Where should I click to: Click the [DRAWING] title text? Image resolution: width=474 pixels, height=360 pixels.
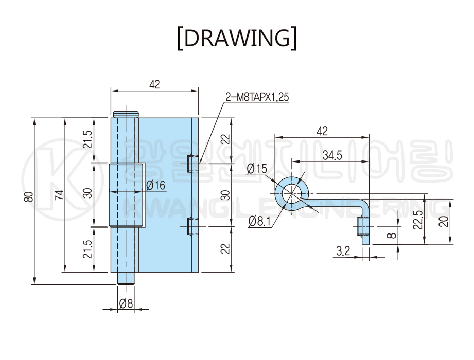(237, 38)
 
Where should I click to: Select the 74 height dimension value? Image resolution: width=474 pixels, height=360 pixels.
(59, 194)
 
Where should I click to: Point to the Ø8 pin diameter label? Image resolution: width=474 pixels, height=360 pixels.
(126, 304)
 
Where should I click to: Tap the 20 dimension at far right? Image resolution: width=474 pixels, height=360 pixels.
(444, 221)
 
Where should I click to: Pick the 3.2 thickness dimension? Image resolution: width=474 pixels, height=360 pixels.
(343, 251)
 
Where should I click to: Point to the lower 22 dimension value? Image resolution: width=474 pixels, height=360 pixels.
(224, 249)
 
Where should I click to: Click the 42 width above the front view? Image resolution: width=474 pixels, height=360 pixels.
(154, 85)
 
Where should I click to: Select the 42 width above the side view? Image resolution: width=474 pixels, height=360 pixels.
(322, 131)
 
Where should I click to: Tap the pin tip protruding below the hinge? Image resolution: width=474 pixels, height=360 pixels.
(126, 278)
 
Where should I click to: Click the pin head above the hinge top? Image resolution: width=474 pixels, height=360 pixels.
(126, 114)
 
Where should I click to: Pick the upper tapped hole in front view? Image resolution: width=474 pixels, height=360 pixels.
(191, 163)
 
